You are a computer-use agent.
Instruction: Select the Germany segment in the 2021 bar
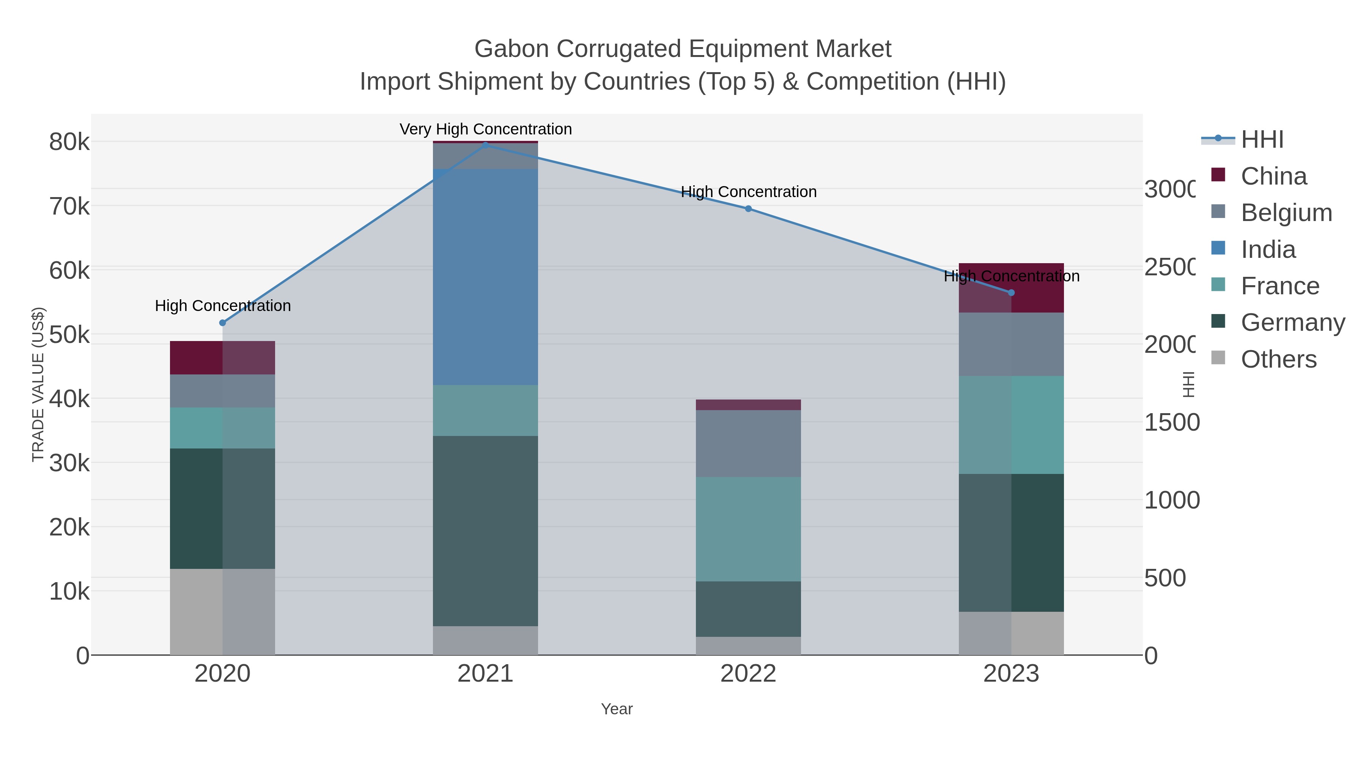tap(485, 531)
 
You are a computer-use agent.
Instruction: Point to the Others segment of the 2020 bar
tap(222, 611)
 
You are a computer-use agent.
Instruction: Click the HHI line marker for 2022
tap(748, 208)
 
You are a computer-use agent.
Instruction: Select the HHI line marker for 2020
tap(222, 323)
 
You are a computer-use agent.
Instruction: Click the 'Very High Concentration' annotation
tap(485, 129)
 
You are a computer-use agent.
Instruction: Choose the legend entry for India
tap(1267, 249)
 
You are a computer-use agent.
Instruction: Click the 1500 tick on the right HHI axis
tap(1171, 422)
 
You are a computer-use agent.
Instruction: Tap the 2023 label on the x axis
tap(1011, 674)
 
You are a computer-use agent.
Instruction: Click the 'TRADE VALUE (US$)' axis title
tap(38, 384)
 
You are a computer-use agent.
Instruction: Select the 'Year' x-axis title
tap(617, 709)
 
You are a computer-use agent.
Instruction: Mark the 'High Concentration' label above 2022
tap(748, 192)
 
